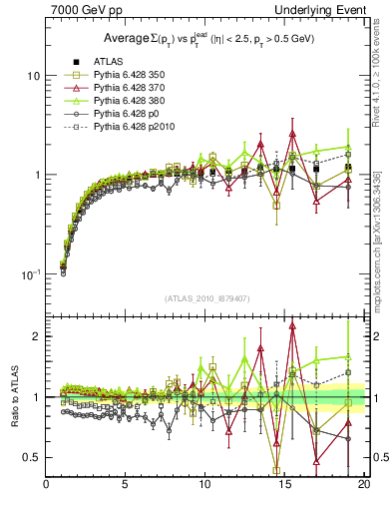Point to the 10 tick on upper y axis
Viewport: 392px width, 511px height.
coord(32,76)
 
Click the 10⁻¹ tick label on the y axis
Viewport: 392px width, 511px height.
coord(29,273)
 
